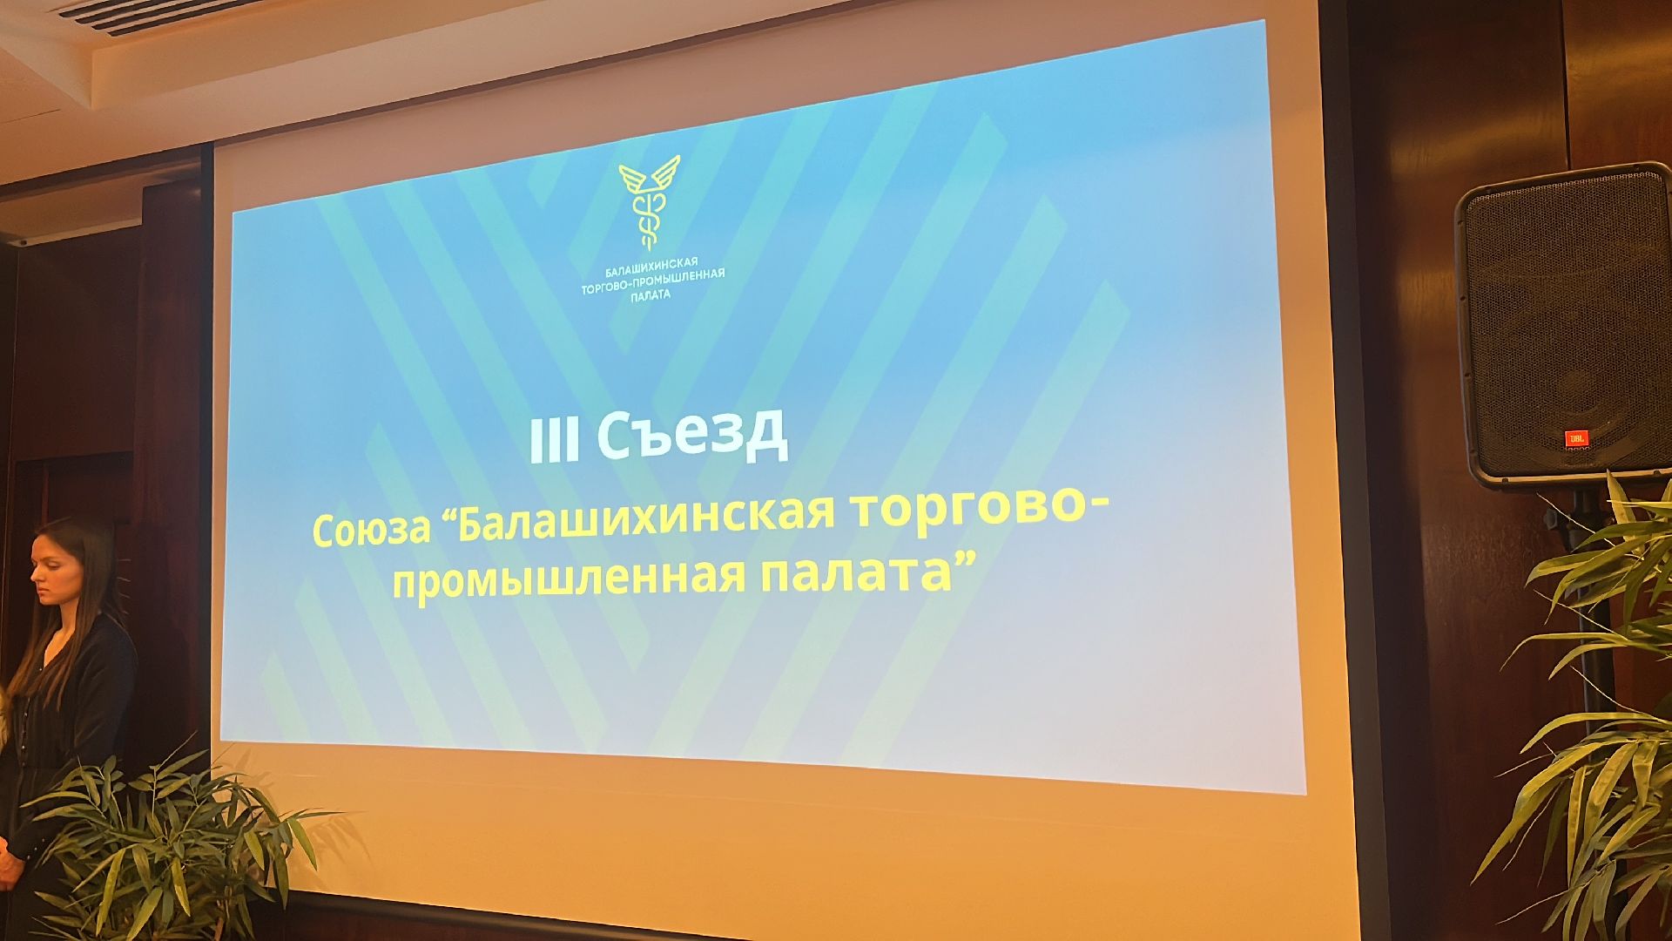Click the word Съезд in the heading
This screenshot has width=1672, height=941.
[693, 435]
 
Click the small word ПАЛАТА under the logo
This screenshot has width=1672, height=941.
[651, 295]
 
